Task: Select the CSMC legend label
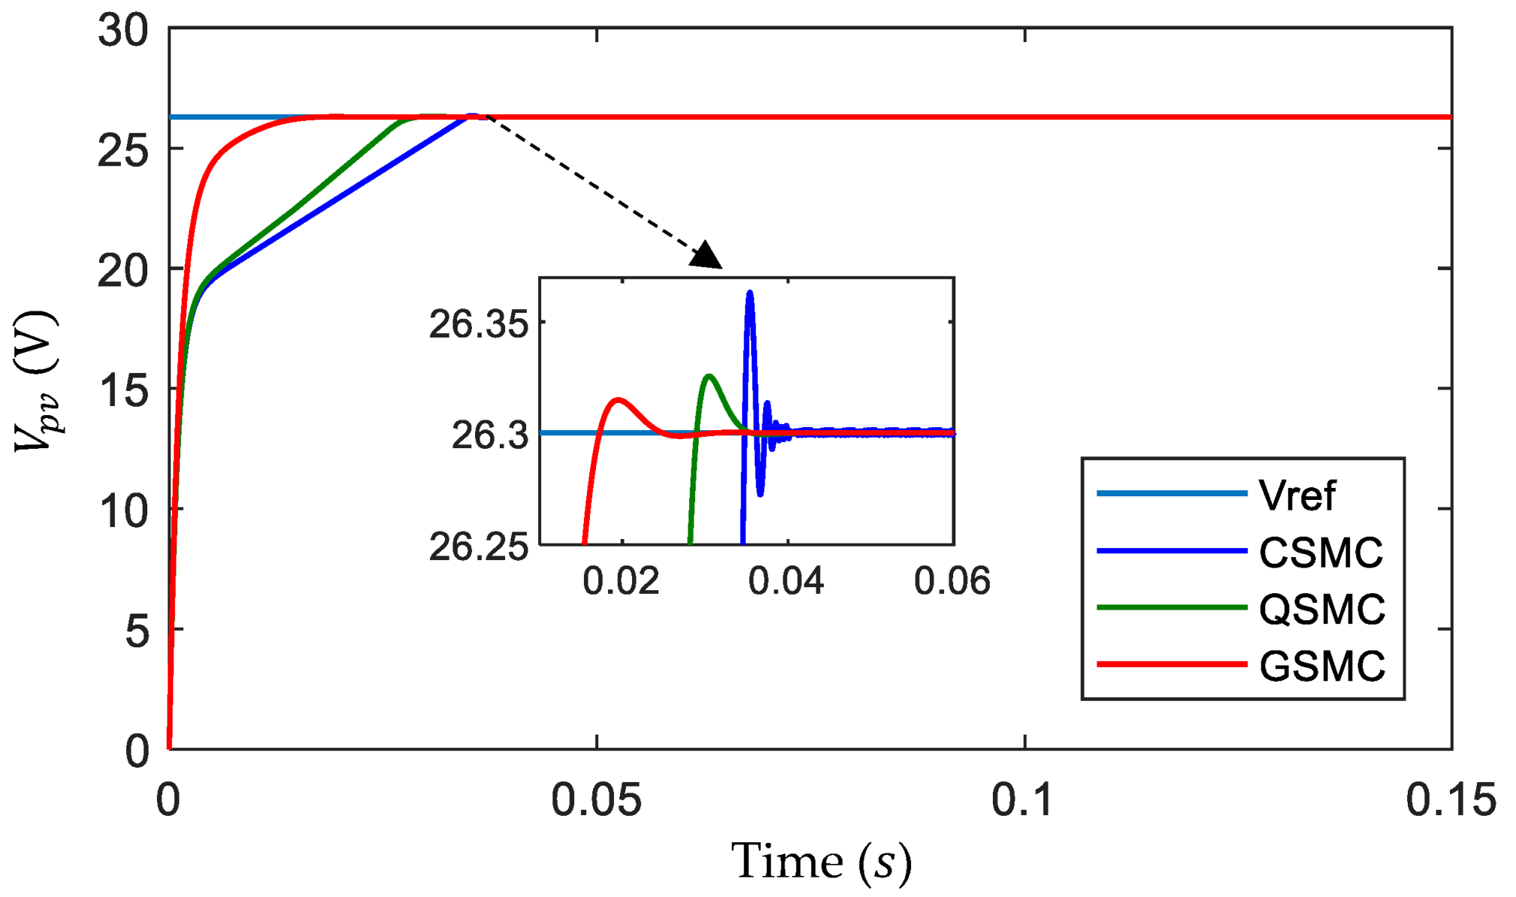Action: [x=1320, y=553]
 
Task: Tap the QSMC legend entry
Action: [x=1321, y=609]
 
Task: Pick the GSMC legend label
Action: [x=1321, y=666]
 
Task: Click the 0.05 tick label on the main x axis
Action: [x=596, y=800]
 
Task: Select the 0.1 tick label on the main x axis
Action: [x=1023, y=800]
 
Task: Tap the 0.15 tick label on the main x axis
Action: [x=1450, y=800]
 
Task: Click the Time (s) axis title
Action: [x=821, y=862]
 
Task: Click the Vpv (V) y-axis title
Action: [x=36, y=382]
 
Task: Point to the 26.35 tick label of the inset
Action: [x=478, y=325]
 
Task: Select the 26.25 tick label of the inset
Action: [x=478, y=547]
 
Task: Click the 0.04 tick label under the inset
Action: [x=786, y=582]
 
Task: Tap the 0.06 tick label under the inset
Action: [x=952, y=582]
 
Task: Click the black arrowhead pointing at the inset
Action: [x=706, y=256]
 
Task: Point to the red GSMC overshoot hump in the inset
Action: [x=618, y=401]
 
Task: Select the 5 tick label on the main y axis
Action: [x=137, y=630]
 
